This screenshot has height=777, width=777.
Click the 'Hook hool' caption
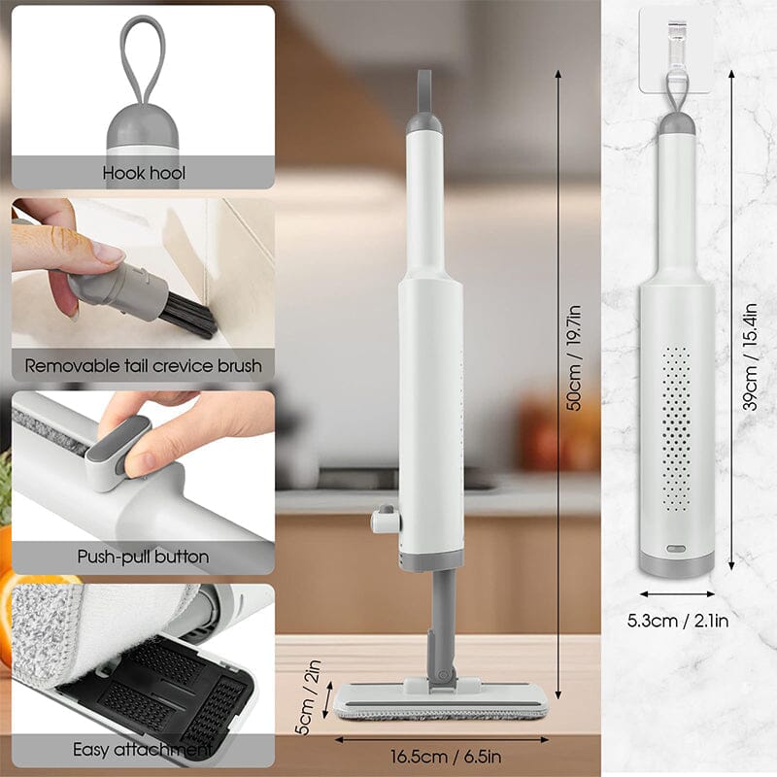point(143,174)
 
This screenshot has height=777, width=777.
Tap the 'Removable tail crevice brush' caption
point(143,366)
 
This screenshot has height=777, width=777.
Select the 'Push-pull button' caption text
point(143,557)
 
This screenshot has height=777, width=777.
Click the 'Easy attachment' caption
point(143,750)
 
